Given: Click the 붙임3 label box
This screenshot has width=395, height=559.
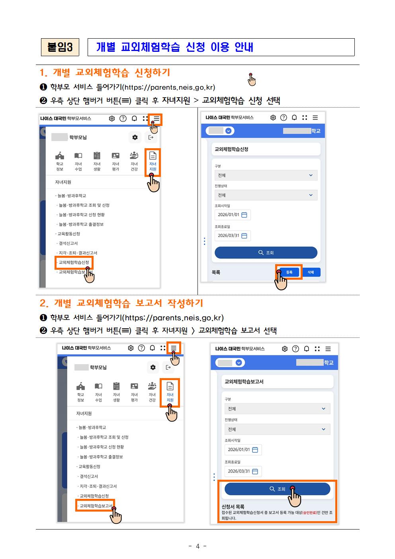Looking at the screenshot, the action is coord(60,47).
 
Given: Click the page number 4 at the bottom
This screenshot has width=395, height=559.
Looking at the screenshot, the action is coord(197,546).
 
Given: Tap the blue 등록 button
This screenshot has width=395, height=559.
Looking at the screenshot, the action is coord(289,272).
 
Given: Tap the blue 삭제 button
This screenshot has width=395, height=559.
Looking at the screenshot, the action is coord(311,272).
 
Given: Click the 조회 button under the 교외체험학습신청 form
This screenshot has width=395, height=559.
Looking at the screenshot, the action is coord(266,253).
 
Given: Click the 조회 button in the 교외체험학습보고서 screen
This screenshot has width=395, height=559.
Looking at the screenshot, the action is coord(277,489).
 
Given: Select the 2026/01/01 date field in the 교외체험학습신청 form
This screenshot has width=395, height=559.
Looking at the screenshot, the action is coord(233,215).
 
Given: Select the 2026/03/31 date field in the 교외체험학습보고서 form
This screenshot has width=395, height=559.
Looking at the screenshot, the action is coord(243,471).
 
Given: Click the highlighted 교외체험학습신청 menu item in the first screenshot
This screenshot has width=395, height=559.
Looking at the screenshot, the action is coord(74,262).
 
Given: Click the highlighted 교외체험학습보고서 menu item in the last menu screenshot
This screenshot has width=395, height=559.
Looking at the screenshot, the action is coord(95,506).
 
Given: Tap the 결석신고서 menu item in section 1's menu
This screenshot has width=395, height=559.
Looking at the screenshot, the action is coord(68,243).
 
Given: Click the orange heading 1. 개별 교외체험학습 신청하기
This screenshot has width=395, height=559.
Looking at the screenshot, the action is coord(105,73).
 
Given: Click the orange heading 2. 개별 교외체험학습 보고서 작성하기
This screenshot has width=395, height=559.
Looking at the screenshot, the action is coord(121,303).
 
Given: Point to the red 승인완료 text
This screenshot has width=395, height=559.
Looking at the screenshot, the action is coord(309,513).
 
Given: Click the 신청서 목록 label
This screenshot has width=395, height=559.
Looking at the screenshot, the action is coord(233,506).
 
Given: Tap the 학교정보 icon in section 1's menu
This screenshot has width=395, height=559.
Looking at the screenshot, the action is coord(60,161).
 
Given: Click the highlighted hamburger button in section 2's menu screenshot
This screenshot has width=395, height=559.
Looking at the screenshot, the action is coord(174,348).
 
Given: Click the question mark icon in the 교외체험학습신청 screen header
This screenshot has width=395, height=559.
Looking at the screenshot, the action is coord(284,118).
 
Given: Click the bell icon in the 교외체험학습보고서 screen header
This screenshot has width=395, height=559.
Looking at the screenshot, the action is coord(307,349).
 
